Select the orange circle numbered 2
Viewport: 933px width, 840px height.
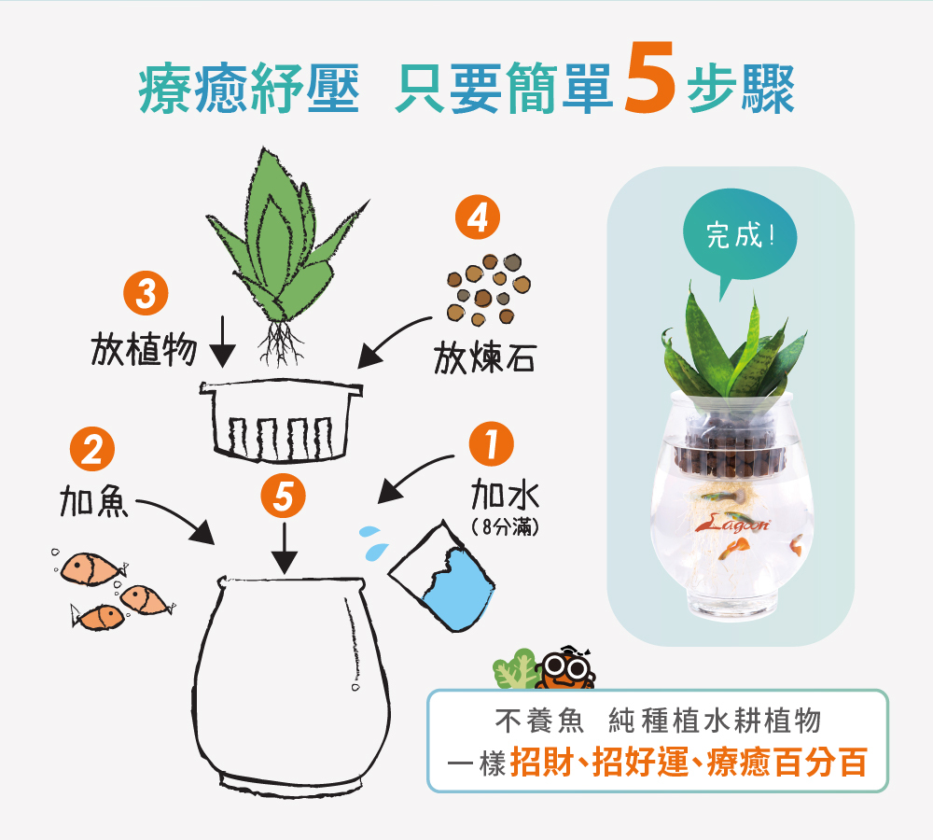(92, 452)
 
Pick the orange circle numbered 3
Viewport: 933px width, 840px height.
(146, 295)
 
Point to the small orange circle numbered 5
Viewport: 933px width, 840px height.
(285, 496)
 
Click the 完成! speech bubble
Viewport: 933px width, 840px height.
(740, 237)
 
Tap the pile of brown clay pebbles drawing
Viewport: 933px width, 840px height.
(487, 287)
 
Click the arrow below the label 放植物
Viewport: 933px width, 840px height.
(222, 343)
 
